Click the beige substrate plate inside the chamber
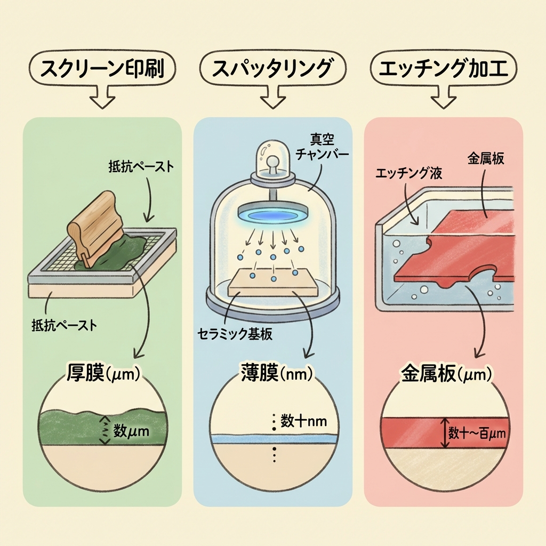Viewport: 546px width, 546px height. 273,285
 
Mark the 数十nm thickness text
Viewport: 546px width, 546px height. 303,421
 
